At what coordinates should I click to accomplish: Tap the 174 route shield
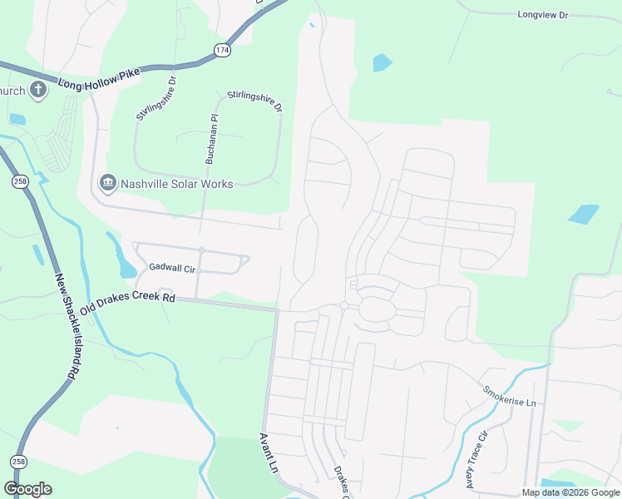pos(222,51)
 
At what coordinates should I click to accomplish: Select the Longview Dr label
pos(542,15)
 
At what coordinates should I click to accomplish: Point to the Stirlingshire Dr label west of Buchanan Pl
pos(156,99)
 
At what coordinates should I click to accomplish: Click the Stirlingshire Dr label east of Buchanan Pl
pos(255,102)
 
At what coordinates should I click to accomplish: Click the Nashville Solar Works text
pos(177,184)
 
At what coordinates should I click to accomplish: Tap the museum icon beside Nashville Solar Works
pos(107,183)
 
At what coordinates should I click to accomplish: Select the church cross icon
pos(37,90)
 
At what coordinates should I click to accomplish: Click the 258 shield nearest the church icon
pos(20,180)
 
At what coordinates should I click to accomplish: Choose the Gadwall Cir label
pos(171,269)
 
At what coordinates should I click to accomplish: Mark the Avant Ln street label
pos(268,452)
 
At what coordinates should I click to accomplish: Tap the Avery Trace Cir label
pos(476,458)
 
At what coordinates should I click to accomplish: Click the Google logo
pos(27,489)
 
